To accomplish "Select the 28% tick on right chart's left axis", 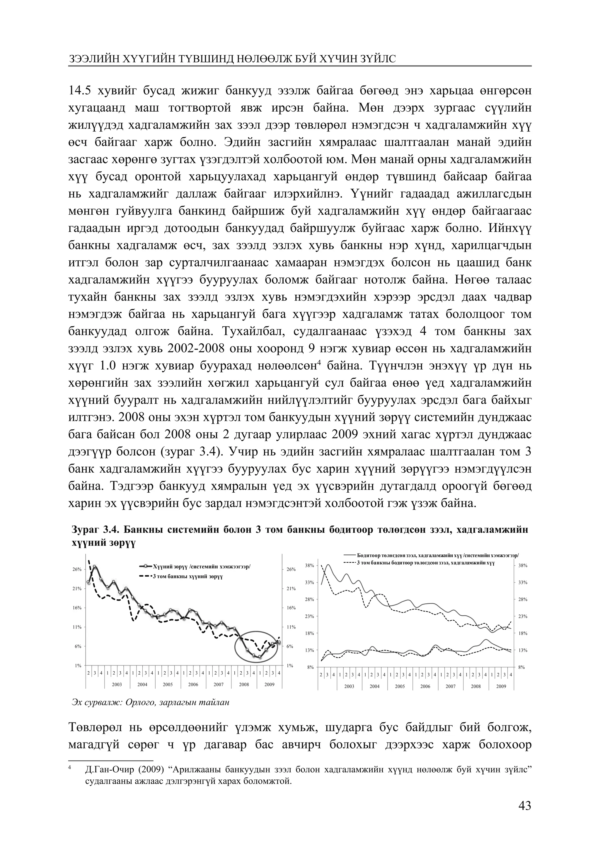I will tap(309, 599).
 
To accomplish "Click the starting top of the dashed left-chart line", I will tap(89, 561).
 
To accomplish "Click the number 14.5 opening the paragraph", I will tap(80, 90).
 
